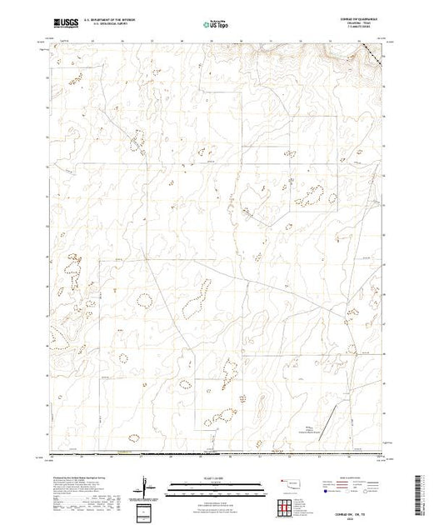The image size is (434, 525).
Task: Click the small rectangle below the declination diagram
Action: [147, 509]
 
